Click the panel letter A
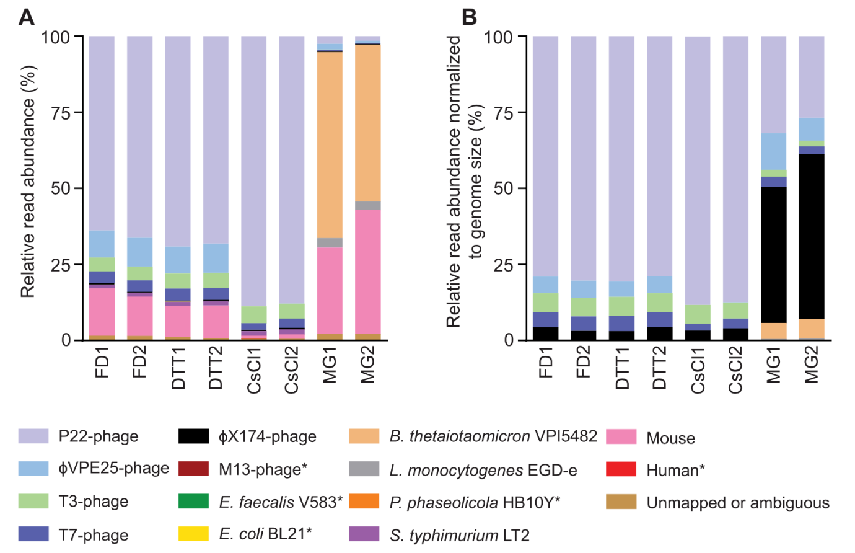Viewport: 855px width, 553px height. (x=26, y=17)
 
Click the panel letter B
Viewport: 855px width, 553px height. (x=469, y=17)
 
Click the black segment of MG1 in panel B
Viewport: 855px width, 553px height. (x=773, y=254)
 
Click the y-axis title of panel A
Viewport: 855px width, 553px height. (x=28, y=181)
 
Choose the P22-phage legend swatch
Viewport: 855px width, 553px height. (x=33, y=436)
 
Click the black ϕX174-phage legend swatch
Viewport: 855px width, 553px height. (x=193, y=436)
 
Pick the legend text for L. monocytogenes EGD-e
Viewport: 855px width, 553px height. (x=483, y=471)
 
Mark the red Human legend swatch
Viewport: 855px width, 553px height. (x=621, y=469)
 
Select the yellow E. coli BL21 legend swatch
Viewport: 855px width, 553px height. (x=193, y=534)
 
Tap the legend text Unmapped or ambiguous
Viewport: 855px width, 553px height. (x=737, y=503)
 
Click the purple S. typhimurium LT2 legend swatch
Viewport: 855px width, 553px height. (x=364, y=534)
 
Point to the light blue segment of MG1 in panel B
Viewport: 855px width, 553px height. (x=773, y=151)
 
